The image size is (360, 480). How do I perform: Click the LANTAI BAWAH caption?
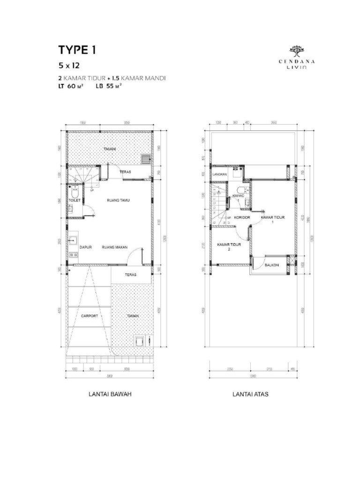tap(110, 394)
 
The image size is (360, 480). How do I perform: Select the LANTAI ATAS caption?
tap(250, 394)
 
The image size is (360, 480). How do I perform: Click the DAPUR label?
tap(85, 246)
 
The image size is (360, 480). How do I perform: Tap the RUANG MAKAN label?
tap(113, 246)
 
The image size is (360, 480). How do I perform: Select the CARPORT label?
tap(89, 316)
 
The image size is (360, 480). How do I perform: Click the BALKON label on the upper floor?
tap(272, 265)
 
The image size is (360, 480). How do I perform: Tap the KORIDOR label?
tap(242, 217)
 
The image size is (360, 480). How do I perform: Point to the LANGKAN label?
tap(219, 174)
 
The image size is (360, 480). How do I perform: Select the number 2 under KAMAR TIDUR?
tap(230, 250)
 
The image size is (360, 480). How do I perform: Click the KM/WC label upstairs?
tap(239, 196)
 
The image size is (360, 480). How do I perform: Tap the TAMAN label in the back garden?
tap(109, 149)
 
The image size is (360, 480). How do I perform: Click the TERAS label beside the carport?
tap(130, 275)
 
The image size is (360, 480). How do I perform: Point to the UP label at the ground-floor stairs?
tap(92, 191)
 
